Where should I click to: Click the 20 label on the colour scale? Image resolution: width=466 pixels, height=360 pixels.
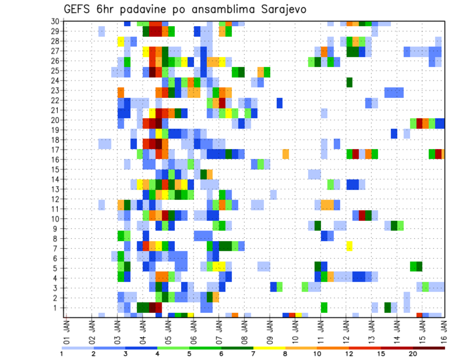coord(413,354)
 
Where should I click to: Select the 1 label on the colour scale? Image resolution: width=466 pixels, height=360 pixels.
coord(62,354)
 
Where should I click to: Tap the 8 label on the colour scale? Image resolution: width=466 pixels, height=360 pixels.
coord(285,354)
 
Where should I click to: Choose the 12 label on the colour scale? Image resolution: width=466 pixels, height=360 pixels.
coord(349,354)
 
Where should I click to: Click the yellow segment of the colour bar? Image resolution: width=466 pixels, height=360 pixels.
coord(269,348)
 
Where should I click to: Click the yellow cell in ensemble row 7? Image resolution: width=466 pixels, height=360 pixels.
coord(349,246)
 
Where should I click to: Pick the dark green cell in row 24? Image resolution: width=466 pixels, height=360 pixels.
coord(349,81)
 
